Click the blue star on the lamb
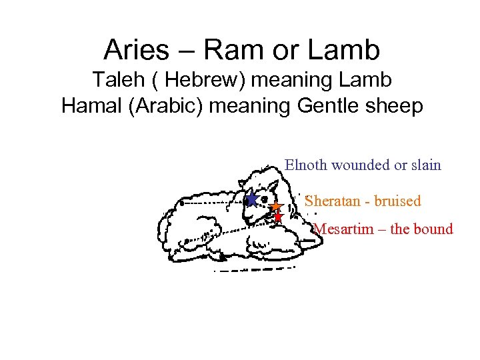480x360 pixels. coord(251,199)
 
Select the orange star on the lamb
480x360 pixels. coord(275,207)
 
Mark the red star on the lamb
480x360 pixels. coord(278,217)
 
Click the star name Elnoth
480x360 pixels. coord(306,165)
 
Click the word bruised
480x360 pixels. coord(398,201)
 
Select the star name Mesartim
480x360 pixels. coord(341,229)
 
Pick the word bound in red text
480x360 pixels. coord(433,229)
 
